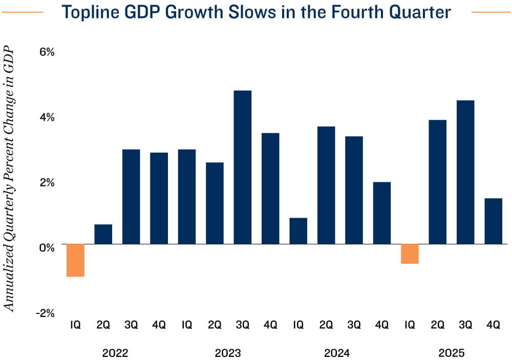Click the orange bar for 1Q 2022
coord(75,260)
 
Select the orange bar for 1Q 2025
coord(410,253)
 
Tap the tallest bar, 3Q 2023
coord(243,167)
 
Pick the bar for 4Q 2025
coord(493,221)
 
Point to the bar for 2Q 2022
coord(103,234)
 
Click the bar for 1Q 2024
coord(298,231)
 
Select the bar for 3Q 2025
coord(465,172)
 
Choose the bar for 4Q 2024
coord(382,213)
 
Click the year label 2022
coord(115,353)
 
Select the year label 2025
coord(451,353)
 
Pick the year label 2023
coord(228,353)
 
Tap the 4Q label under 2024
coord(382,325)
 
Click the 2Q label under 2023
coord(215,325)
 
